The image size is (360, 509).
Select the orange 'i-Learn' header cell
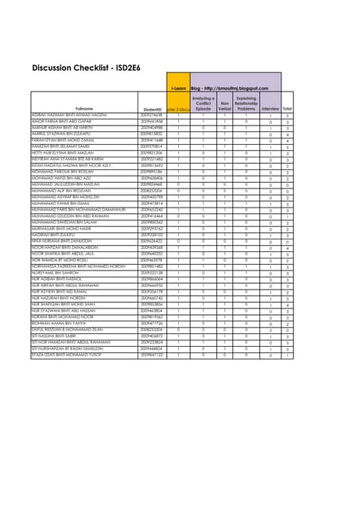pyautogui.click(x=179, y=87)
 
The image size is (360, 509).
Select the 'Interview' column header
pyautogui.click(x=270, y=108)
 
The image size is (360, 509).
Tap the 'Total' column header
pyautogui.click(x=287, y=108)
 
